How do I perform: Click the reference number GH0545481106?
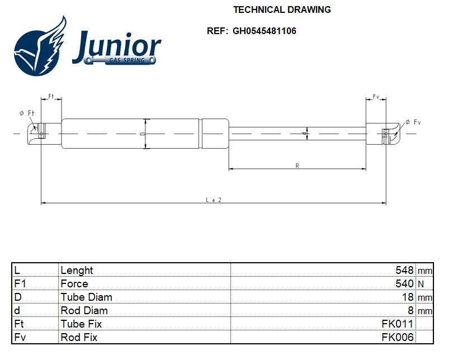(x=265, y=31)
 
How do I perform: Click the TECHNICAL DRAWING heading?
(x=282, y=10)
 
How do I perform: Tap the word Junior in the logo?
(x=116, y=46)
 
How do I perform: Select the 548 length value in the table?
(x=404, y=270)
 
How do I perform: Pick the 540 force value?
(x=404, y=283)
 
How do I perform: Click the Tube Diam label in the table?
(x=86, y=297)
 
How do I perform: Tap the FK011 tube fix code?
(x=398, y=324)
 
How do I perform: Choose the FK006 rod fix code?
(x=398, y=337)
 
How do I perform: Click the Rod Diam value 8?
(x=410, y=310)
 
